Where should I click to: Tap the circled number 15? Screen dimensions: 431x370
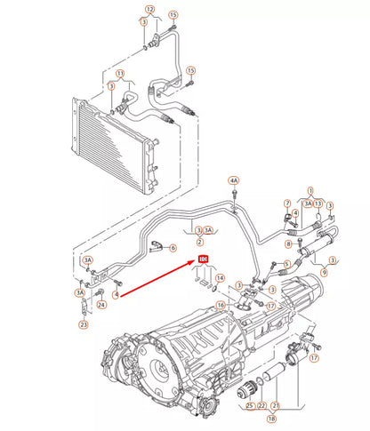[173, 16]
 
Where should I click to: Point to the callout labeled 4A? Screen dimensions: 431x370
[234, 180]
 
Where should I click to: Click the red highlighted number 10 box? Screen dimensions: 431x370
[202, 259]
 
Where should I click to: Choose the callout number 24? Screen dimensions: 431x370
[101, 305]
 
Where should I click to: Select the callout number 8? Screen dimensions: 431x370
[288, 243]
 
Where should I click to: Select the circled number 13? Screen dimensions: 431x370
[318, 203]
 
